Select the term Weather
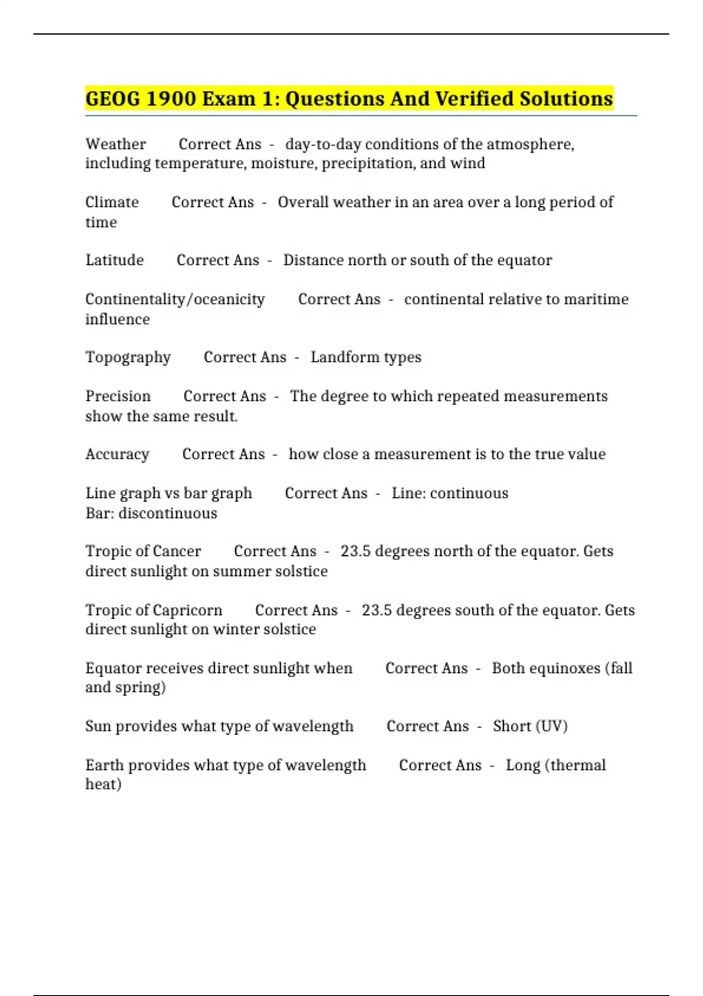[115, 144]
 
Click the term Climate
[112, 202]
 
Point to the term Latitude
[114, 260]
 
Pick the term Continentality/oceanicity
[175, 299]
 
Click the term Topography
[128, 357]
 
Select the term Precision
[118, 396]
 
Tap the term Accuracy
[117, 454]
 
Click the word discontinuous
[168, 513]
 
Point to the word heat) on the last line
[103, 784]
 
